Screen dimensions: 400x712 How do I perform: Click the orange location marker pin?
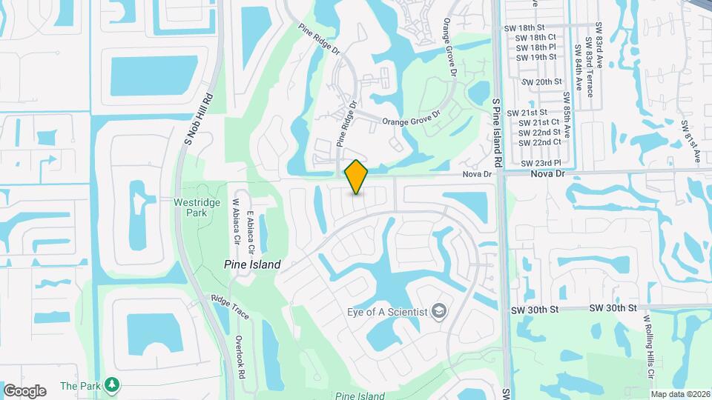[357, 176]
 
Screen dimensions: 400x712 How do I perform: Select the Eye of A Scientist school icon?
[441, 310]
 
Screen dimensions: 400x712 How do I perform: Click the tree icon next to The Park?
[111, 384]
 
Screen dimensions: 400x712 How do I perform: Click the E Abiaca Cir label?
[251, 230]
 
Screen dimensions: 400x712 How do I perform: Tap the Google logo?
[24, 390]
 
